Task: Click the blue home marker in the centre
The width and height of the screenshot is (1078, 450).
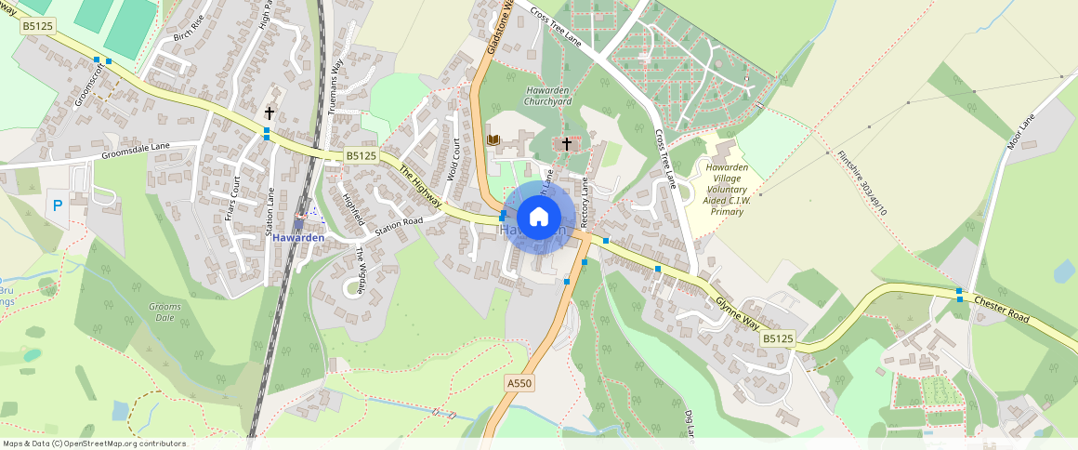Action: pyautogui.click(x=539, y=218)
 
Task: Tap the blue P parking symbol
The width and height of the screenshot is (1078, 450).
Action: pyautogui.click(x=57, y=205)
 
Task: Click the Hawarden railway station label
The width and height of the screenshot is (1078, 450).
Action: pyautogui.click(x=298, y=238)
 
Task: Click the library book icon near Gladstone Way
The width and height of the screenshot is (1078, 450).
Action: pyautogui.click(x=493, y=139)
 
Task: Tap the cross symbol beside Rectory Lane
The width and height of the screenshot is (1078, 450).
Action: pyautogui.click(x=566, y=144)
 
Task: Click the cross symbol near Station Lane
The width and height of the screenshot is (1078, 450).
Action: pyautogui.click(x=269, y=112)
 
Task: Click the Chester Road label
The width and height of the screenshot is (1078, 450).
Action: pyautogui.click(x=1002, y=310)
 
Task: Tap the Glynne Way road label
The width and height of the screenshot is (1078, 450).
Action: pyautogui.click(x=738, y=312)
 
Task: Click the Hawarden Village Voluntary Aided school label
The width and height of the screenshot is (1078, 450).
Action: pyautogui.click(x=727, y=189)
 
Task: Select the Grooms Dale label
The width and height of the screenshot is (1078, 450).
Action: pyautogui.click(x=164, y=311)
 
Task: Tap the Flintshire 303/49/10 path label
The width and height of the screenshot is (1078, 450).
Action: pyautogui.click(x=861, y=183)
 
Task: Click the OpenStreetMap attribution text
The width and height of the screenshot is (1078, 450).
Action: pyautogui.click(x=94, y=443)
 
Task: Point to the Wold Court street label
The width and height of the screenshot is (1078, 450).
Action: pyautogui.click(x=455, y=160)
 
